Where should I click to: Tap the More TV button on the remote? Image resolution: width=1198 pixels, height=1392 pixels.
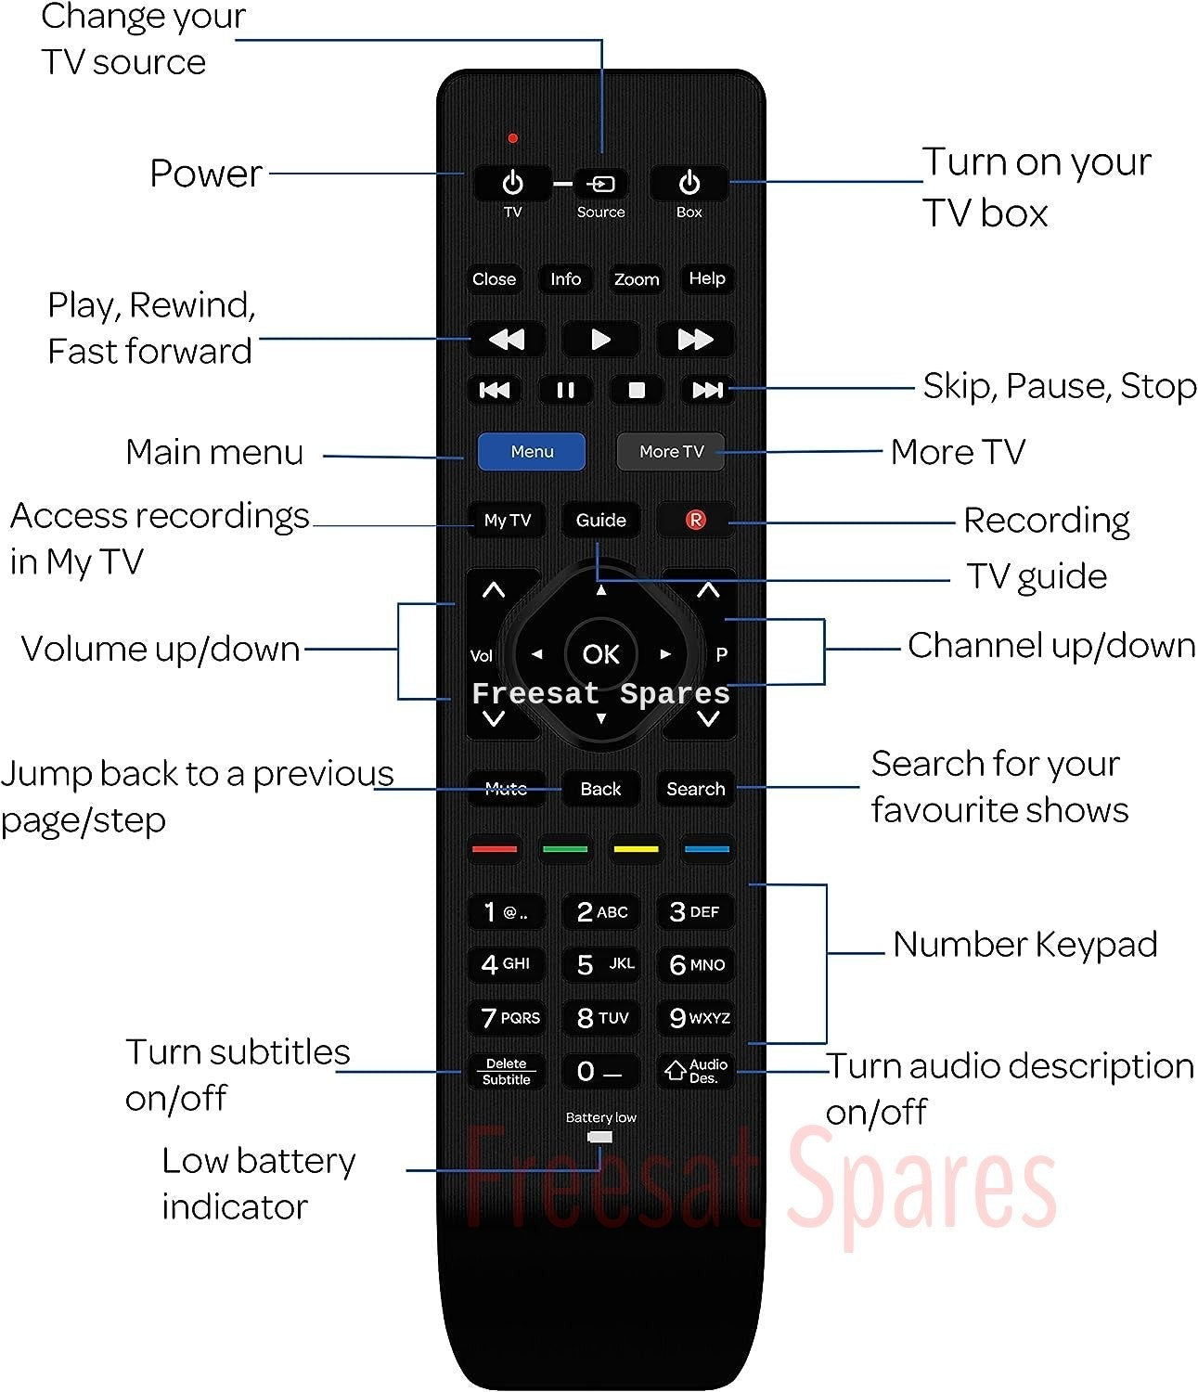pos(671,451)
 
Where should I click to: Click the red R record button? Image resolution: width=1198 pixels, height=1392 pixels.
pos(696,520)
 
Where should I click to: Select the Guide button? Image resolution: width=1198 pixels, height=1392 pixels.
pos(600,520)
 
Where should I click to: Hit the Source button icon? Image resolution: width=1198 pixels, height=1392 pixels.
pos(600,184)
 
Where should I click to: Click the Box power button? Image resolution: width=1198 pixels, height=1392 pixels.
pos(689,183)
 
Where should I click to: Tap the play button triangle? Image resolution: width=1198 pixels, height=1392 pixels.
pos(600,340)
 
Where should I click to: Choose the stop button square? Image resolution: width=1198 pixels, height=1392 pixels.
pos(637,390)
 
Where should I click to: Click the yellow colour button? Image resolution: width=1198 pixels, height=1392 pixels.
pos(637,849)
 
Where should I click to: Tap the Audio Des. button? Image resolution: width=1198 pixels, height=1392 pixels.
pos(696,1071)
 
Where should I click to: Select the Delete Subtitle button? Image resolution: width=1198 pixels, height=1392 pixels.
pos(507,1071)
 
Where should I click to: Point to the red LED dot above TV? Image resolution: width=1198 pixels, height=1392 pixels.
pos(512,138)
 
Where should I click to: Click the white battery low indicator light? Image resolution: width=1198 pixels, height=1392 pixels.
pos(600,1137)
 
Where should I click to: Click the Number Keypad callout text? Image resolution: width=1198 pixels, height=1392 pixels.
pos(1024,944)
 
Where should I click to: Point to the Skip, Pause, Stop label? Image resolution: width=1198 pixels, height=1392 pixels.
pos(1060,387)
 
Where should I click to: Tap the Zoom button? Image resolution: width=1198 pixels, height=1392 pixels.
pos(637,278)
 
